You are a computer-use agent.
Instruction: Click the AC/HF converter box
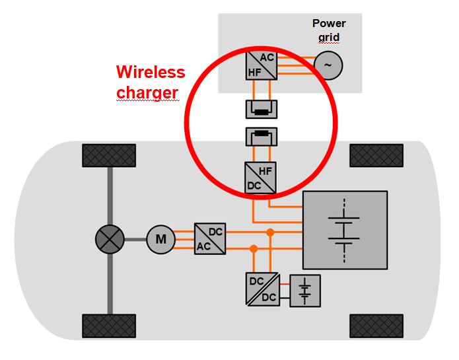[x=262, y=64]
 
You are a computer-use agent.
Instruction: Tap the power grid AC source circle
[x=328, y=65]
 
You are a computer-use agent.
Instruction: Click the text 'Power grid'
[x=329, y=30]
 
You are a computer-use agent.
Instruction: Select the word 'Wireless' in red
[x=151, y=72]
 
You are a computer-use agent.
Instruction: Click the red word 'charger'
[x=147, y=93]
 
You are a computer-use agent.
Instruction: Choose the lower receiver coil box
[x=262, y=137]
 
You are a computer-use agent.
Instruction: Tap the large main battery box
[x=344, y=229]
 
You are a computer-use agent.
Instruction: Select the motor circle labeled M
[x=160, y=238]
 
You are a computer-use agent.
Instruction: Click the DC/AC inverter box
[x=210, y=238]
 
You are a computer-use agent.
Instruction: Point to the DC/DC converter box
[x=262, y=289]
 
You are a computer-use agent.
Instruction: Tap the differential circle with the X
[x=110, y=238]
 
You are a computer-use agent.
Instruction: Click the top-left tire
[x=98, y=156]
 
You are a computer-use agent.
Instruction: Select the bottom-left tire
[x=98, y=326]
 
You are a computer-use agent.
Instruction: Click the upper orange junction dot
[x=270, y=232]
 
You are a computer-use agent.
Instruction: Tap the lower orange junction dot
[x=254, y=248]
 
